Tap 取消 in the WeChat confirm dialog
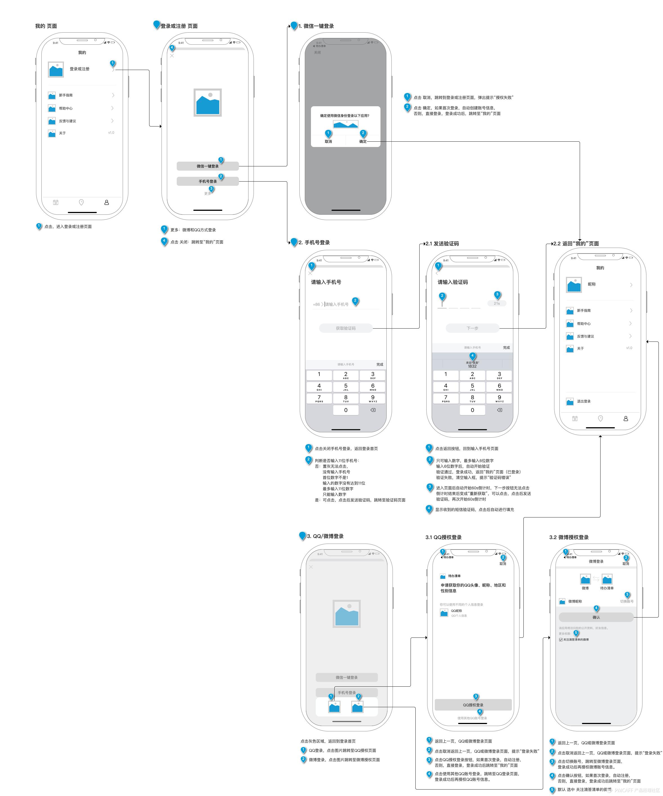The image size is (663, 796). (328, 141)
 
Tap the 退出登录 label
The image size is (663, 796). (584, 401)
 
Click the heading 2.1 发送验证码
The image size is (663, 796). (442, 244)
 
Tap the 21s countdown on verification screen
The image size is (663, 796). (496, 304)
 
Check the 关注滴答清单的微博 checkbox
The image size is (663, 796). (561, 640)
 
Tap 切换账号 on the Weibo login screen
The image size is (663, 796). (627, 601)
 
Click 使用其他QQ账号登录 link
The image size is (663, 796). (472, 718)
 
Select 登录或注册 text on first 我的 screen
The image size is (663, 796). (80, 69)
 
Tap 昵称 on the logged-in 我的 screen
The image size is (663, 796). (592, 284)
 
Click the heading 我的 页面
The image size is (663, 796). (46, 26)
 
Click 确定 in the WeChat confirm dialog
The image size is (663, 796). (363, 141)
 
